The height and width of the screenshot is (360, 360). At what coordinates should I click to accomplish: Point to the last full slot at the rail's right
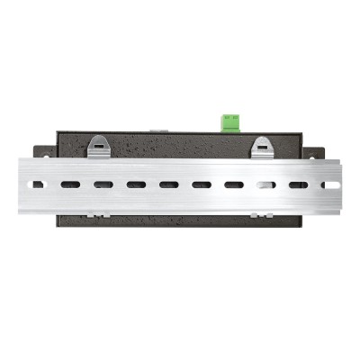click(x=298, y=184)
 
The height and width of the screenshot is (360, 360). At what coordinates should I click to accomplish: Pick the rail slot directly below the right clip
click(x=265, y=184)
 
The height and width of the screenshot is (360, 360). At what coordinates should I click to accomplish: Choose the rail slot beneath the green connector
click(x=233, y=184)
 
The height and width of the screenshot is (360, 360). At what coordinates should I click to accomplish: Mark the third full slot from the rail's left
click(x=136, y=184)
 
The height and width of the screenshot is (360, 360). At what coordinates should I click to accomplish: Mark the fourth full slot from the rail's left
click(x=168, y=184)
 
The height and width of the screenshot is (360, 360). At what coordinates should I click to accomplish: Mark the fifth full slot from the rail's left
click(x=201, y=184)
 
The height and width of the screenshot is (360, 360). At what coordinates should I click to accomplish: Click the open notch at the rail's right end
click(x=331, y=184)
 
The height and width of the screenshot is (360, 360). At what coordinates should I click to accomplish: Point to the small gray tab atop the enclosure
click(x=158, y=131)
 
